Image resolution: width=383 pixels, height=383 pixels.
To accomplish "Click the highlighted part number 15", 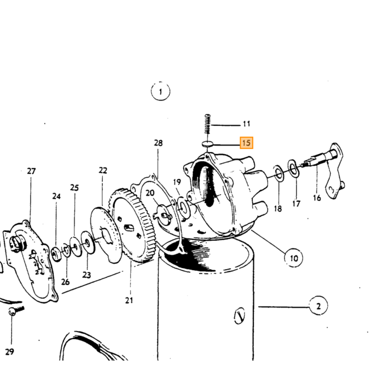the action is [246, 143].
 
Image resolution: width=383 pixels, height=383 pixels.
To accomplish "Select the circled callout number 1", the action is [160, 91].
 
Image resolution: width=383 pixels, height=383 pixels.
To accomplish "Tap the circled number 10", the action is [293, 258].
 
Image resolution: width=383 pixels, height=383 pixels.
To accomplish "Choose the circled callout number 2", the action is [318, 306].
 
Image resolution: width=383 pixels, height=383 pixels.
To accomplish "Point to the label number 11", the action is [246, 124].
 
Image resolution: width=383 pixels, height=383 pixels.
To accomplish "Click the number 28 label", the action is [158, 143].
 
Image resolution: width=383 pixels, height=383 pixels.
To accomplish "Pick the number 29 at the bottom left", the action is [9, 352].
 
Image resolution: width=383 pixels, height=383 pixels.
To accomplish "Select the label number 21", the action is [129, 300].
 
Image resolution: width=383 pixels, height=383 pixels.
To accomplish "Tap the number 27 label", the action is [31, 171].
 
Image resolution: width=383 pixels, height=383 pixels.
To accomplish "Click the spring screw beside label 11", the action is [207, 124].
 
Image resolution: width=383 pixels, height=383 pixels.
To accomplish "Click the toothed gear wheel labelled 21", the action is [132, 226].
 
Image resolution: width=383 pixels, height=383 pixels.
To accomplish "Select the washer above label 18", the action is [278, 173].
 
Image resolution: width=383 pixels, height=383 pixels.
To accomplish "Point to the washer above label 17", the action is [293, 168].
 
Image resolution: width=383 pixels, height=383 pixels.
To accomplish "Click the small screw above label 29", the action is [16, 311].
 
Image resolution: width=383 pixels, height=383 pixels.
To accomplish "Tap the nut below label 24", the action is [56, 254].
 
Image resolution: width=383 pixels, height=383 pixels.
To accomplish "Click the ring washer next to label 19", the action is [184, 208].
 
